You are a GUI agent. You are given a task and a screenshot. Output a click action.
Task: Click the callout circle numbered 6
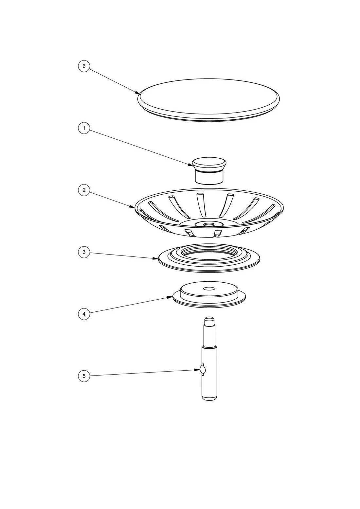(84, 66)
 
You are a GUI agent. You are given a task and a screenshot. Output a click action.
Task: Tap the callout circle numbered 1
(84, 128)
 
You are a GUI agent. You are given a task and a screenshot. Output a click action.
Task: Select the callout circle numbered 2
(84, 190)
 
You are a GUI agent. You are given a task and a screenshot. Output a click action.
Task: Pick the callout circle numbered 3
(84, 252)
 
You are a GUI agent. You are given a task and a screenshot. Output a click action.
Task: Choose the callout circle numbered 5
(84, 376)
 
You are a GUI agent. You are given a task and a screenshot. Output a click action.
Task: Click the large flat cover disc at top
(209, 100)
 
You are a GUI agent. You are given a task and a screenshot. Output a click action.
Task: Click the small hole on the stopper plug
(209, 289)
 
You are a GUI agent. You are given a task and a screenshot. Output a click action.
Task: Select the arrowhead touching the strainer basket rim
(132, 206)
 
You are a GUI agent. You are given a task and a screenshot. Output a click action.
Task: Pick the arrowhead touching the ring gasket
(156, 258)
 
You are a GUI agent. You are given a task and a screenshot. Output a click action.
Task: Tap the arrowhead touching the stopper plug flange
(170, 297)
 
